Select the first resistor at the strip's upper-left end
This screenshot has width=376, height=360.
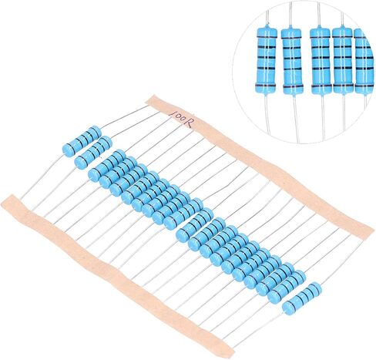[x=82, y=141]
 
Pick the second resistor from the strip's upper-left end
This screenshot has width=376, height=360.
[x=93, y=152]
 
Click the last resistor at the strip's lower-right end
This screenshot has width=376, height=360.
[x=302, y=298]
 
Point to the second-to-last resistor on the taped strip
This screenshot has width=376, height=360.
[x=287, y=287]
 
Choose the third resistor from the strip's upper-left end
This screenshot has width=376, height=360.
[x=107, y=165]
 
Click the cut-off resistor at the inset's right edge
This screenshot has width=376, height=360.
[x=363, y=60]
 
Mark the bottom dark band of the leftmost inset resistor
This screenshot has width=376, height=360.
[x=266, y=86]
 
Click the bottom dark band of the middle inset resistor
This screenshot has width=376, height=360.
[x=321, y=86]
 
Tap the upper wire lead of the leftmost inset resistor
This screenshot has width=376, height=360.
[x=267, y=17]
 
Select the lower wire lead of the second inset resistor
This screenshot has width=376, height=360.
[x=296, y=118]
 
